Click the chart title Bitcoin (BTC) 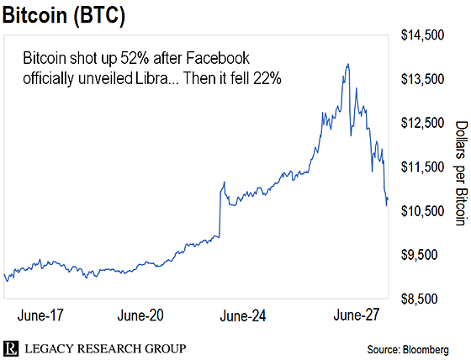pyautogui.click(x=63, y=15)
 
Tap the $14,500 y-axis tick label pyautogui.click(x=422, y=35)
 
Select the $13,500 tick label pyautogui.click(x=422, y=79)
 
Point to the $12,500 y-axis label pyautogui.click(x=422, y=123)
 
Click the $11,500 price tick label pyautogui.click(x=422, y=167)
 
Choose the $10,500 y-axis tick pyautogui.click(x=422, y=211)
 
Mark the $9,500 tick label pyautogui.click(x=420, y=255)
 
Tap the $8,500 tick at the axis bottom pyautogui.click(x=420, y=299)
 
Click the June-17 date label pyautogui.click(x=40, y=315)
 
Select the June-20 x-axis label pyautogui.click(x=140, y=315)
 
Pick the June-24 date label pyautogui.click(x=243, y=316)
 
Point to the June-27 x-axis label pyautogui.click(x=357, y=315)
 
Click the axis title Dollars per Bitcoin pyautogui.click(x=462, y=173)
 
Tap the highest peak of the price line pyautogui.click(x=348, y=64)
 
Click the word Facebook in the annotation pyautogui.click(x=218, y=58)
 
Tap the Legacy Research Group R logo pyautogui.click(x=10, y=348)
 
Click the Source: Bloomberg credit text pyautogui.click(x=408, y=350)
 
